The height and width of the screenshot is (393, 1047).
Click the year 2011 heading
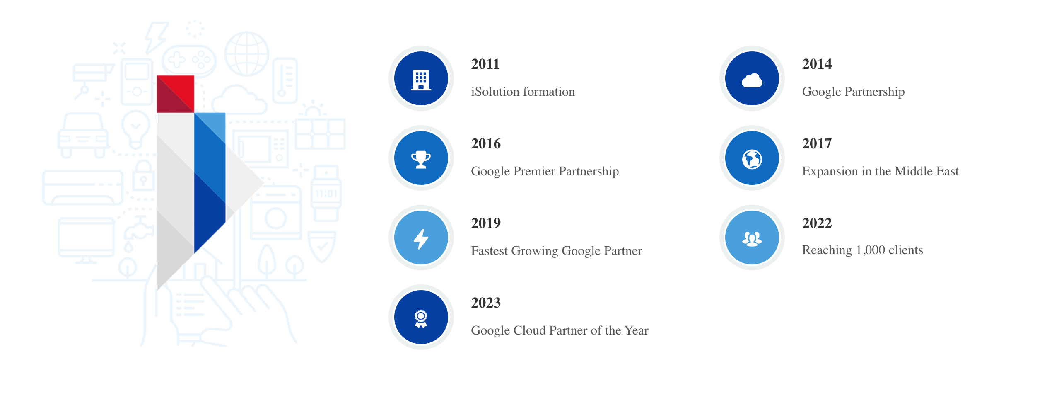click(x=485, y=64)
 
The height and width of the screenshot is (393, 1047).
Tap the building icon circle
click(x=421, y=78)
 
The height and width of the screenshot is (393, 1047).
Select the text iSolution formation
click(x=523, y=92)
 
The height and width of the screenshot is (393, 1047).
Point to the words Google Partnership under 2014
click(x=853, y=92)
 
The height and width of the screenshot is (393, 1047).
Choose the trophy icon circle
click(x=421, y=158)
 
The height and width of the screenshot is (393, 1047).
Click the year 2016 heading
click(x=486, y=143)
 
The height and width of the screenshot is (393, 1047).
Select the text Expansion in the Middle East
click(x=880, y=171)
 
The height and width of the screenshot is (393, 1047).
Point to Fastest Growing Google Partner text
click(x=556, y=251)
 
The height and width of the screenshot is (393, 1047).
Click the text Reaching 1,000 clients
click(x=862, y=250)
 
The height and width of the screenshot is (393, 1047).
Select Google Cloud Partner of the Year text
click(x=560, y=330)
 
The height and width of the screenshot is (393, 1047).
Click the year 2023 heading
click(x=486, y=303)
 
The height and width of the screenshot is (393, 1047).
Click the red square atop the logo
click(x=176, y=94)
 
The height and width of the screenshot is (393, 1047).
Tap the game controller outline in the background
click(x=189, y=60)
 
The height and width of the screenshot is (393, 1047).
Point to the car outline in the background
click(x=83, y=135)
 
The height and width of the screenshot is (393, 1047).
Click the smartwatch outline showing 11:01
click(x=326, y=193)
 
